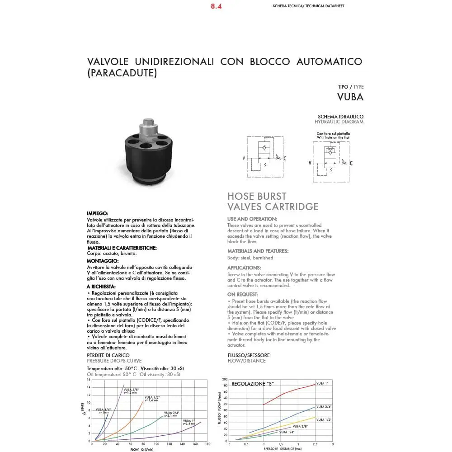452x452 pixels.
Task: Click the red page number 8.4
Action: pyautogui.click(x=216, y=7)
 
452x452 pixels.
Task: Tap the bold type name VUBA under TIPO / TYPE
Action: pyautogui.click(x=350, y=97)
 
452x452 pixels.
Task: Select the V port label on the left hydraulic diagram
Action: pyautogui.click(x=244, y=158)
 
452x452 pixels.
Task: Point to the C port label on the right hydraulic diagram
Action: pyautogui.click(x=351, y=163)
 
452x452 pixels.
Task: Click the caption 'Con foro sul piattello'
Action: pyautogui.click(x=333, y=134)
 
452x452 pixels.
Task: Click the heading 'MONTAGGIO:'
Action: pyautogui.click(x=103, y=261)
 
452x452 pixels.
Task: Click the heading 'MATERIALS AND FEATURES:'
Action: pyautogui.click(x=258, y=251)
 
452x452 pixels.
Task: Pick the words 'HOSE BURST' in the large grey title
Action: pyautogui.click(x=257, y=196)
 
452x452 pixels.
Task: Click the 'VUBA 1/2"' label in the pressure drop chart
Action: pyautogui.click(x=151, y=397)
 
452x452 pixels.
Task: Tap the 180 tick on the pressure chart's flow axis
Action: pyautogui.click(x=208, y=445)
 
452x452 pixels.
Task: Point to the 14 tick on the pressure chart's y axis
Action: pyautogui.click(x=89, y=387)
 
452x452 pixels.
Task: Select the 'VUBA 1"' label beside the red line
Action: pyautogui.click(x=322, y=383)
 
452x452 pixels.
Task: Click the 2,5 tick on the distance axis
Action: pyautogui.click(x=315, y=444)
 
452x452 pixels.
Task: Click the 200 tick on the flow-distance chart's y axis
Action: pyautogui.click(x=224, y=380)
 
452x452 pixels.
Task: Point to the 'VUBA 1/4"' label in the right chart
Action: pyautogui.click(x=287, y=433)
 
